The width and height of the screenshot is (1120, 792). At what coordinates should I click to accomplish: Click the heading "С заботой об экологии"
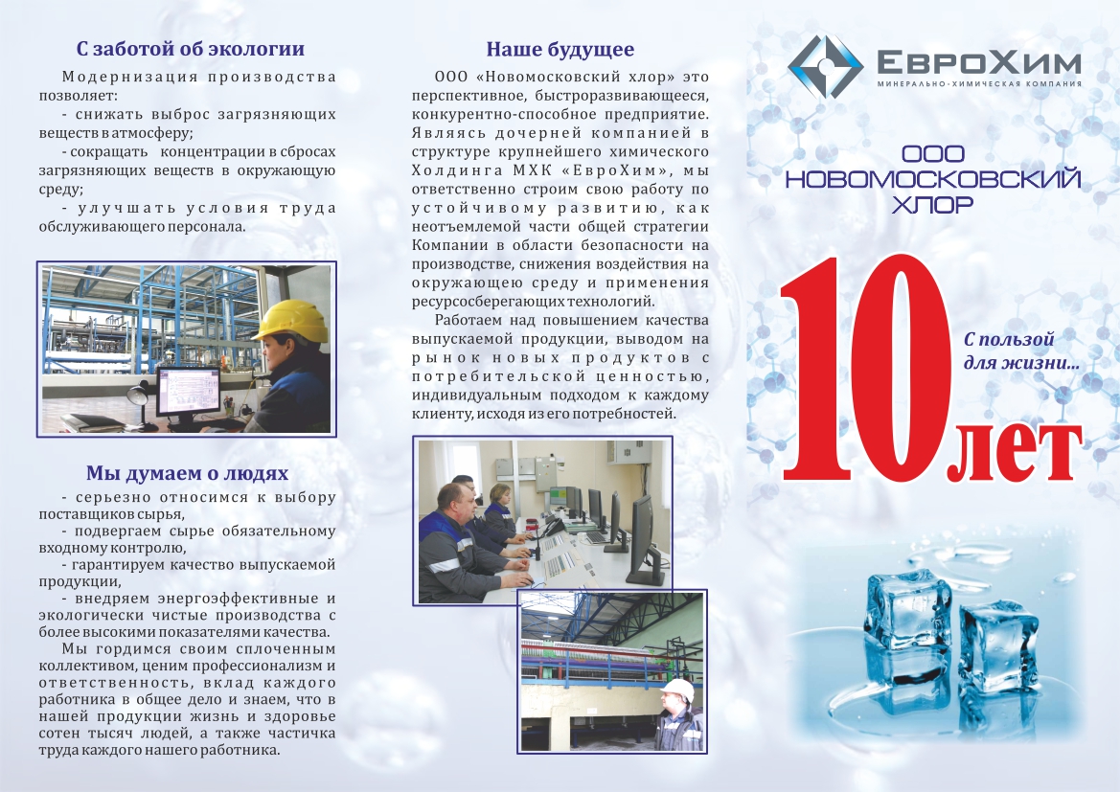[190, 49]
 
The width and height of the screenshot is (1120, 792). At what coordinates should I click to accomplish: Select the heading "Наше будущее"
[560, 49]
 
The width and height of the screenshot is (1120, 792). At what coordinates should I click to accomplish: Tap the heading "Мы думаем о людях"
[187, 473]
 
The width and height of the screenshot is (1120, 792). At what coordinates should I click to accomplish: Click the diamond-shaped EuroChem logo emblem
[825, 66]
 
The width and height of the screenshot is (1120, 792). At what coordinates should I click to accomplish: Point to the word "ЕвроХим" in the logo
[979, 63]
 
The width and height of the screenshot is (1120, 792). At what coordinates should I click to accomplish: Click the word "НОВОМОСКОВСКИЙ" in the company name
[933, 179]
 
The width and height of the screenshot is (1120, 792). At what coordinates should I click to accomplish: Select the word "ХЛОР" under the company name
[933, 205]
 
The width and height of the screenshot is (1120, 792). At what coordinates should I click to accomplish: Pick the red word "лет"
[1015, 454]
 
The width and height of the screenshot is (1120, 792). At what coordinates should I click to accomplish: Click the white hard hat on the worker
[678, 691]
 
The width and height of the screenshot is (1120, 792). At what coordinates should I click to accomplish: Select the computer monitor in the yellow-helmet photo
[190, 393]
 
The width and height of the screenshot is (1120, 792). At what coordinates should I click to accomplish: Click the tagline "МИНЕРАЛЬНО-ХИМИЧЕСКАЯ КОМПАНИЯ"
[979, 84]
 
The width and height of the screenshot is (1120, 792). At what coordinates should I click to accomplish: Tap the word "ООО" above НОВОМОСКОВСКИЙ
[933, 153]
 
